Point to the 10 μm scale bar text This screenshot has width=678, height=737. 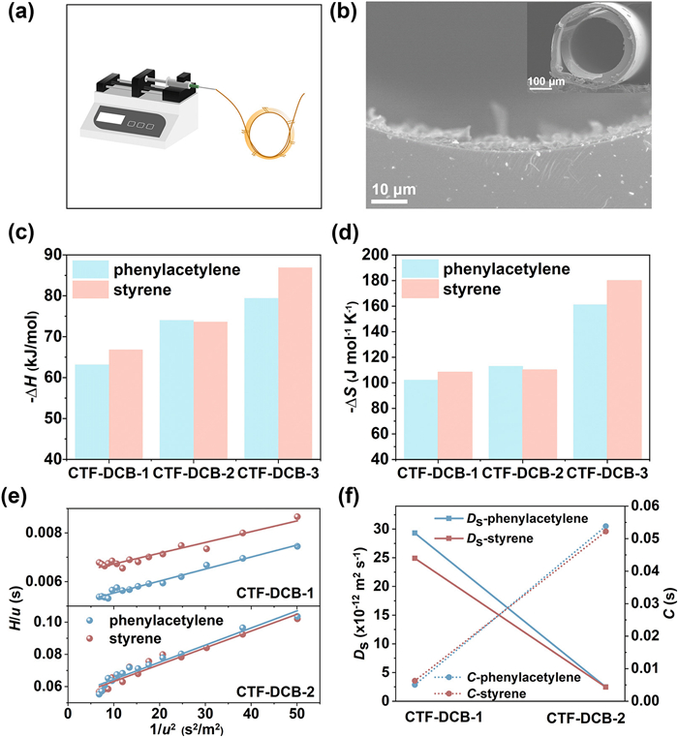click(x=391, y=185)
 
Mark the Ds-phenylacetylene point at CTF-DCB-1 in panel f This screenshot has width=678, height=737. click(x=415, y=533)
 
